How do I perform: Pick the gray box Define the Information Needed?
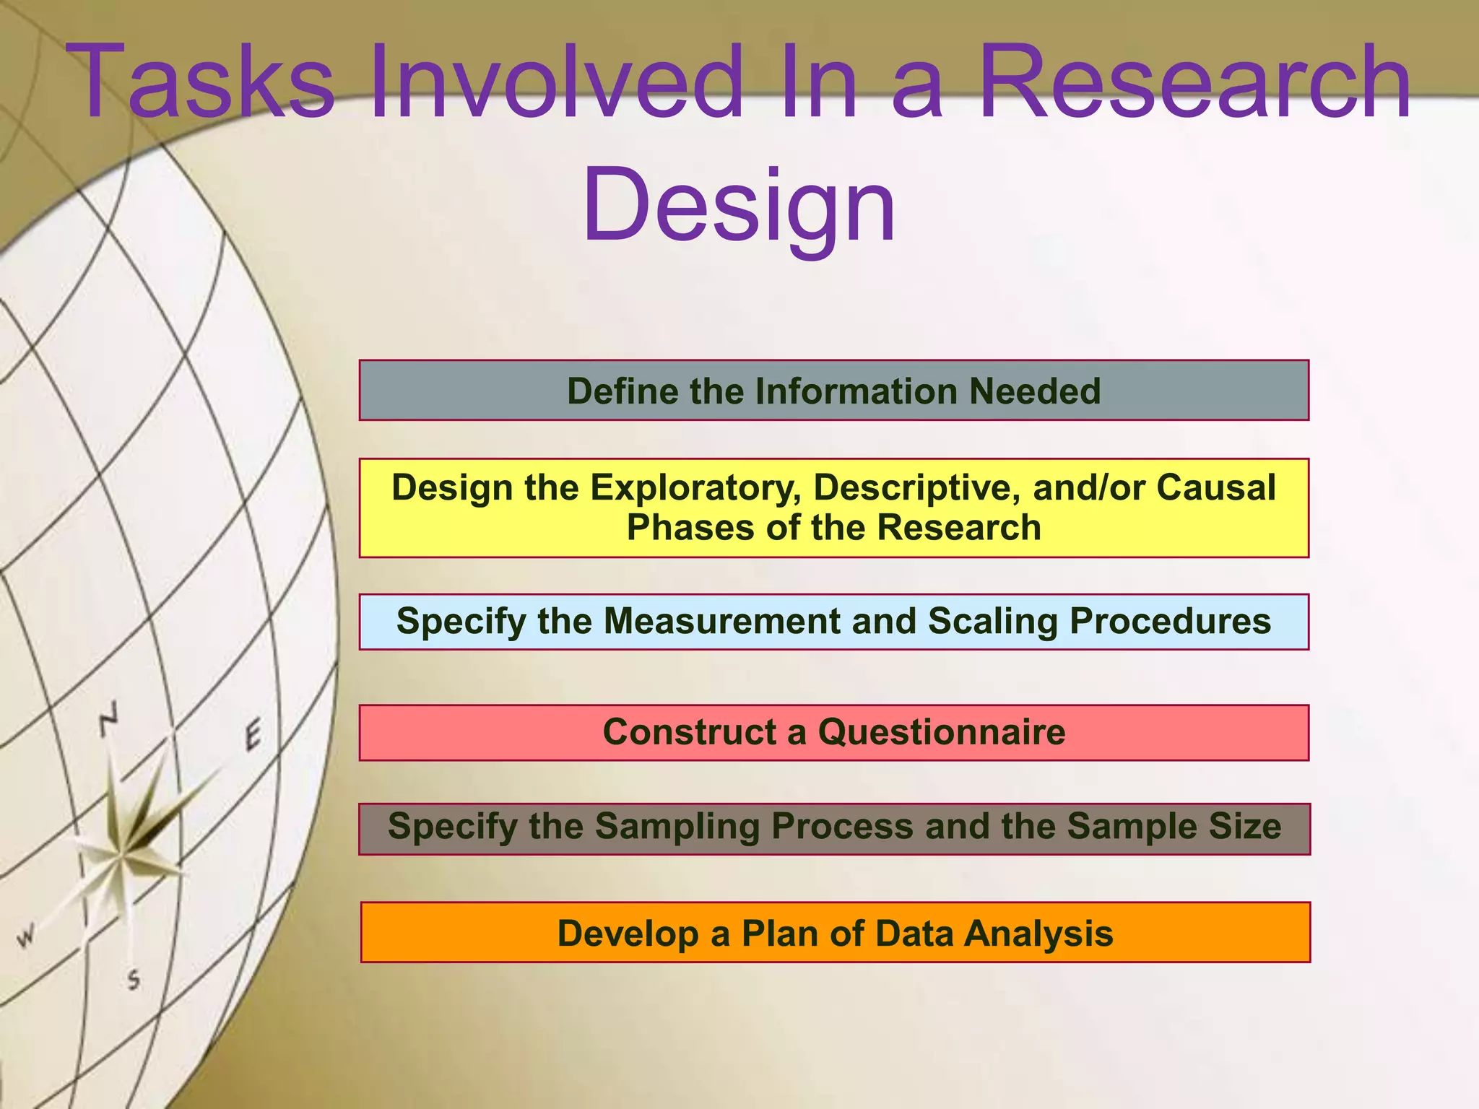tap(833, 391)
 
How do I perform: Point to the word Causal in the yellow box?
tap(1216, 488)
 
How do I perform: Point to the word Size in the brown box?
tap(1245, 827)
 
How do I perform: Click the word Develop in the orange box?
tap(628, 934)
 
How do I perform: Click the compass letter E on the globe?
tap(252, 736)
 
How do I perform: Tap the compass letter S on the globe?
tap(134, 980)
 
